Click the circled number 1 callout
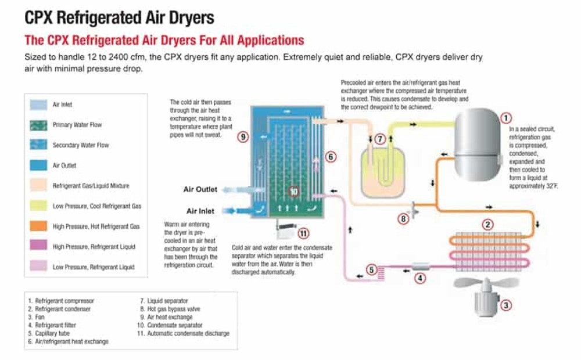[505, 118]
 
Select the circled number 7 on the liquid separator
[380, 139]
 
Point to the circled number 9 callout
[243, 137]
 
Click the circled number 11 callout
[303, 233]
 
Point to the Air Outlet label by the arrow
[200, 189]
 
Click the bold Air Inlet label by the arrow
[202, 211]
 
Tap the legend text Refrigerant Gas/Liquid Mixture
[91, 186]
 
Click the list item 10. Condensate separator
[174, 325]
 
